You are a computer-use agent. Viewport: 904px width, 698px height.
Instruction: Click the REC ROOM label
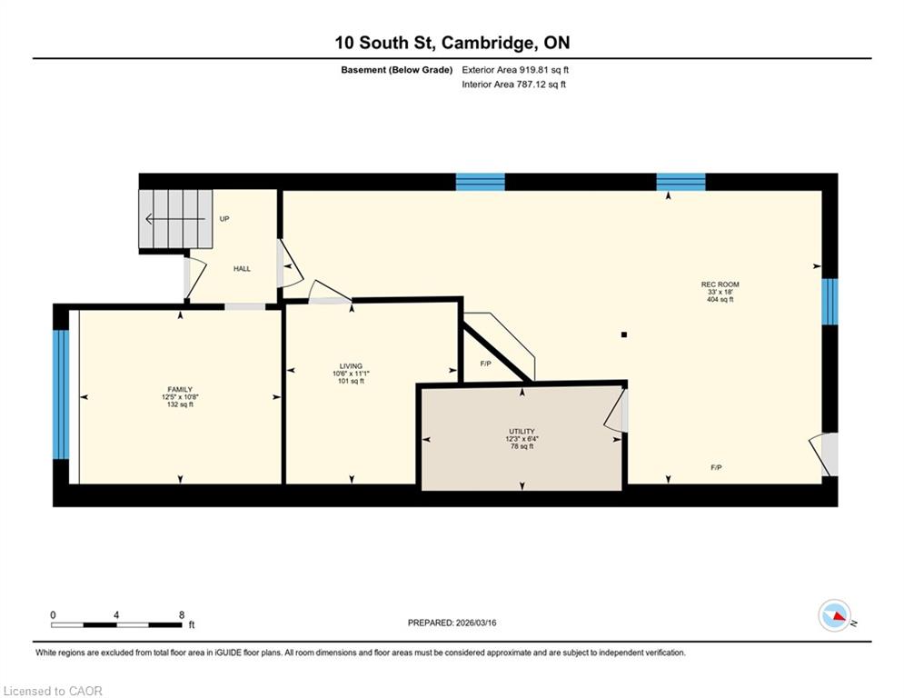(x=720, y=284)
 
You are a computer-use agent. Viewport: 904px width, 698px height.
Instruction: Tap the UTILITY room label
(x=522, y=432)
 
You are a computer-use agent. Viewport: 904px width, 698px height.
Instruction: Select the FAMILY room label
(x=180, y=389)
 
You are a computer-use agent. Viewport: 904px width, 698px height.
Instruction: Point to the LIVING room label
(x=351, y=366)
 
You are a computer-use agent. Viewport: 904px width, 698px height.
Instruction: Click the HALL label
(x=243, y=269)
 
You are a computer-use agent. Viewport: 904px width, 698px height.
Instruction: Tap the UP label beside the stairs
(x=224, y=219)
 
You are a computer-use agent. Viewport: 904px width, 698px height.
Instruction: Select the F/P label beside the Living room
(x=485, y=364)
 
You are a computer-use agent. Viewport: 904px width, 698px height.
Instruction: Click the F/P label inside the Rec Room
(x=716, y=467)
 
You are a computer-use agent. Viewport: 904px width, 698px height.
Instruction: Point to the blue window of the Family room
(x=61, y=394)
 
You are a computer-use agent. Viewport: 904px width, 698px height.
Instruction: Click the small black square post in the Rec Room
(x=624, y=334)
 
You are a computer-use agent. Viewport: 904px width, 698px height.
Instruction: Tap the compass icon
(x=835, y=615)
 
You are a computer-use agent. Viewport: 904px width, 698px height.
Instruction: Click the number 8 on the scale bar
(x=182, y=615)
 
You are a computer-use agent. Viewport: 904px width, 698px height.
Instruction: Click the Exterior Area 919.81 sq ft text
(x=515, y=70)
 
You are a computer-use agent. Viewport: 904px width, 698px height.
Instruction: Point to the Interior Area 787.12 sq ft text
(x=513, y=85)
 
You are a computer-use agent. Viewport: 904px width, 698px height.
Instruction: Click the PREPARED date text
(x=452, y=623)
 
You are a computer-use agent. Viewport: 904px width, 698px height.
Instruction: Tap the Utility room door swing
(x=614, y=411)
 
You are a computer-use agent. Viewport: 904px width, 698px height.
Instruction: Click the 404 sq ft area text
(x=720, y=299)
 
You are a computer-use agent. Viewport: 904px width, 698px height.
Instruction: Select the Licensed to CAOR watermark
(x=53, y=691)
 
